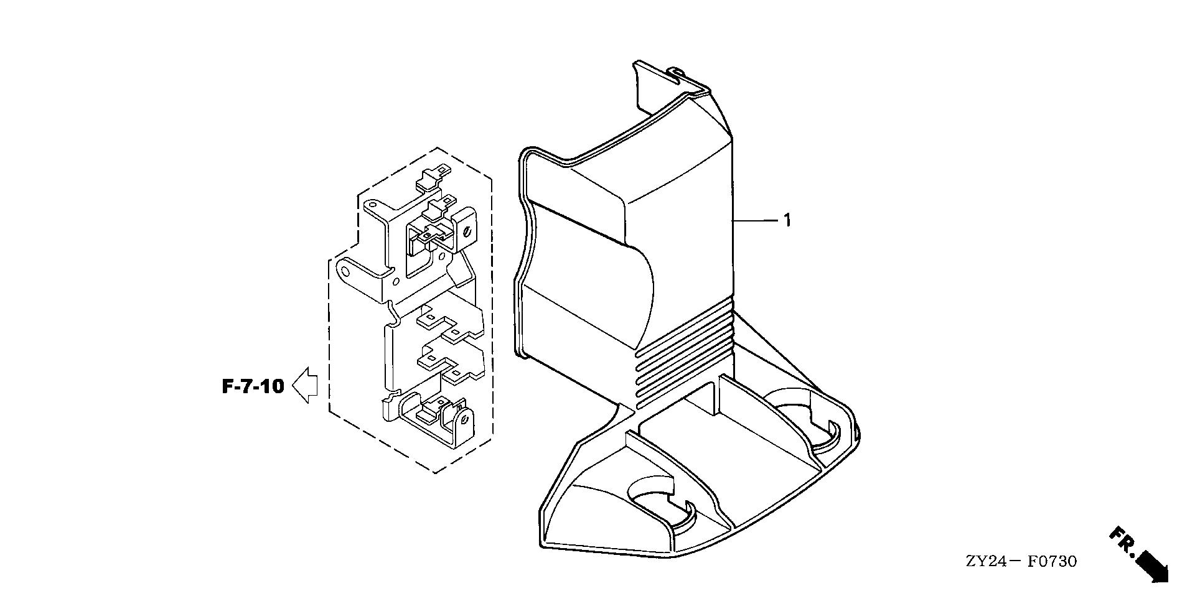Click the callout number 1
tap(787, 220)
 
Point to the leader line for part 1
tap(756, 220)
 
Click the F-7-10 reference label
tap(253, 386)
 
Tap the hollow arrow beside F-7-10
tap(305, 386)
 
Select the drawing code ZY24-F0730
tap(1021, 562)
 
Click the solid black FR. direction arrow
tap(1152, 566)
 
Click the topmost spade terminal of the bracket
tap(434, 176)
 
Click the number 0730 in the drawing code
tap(1057, 562)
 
